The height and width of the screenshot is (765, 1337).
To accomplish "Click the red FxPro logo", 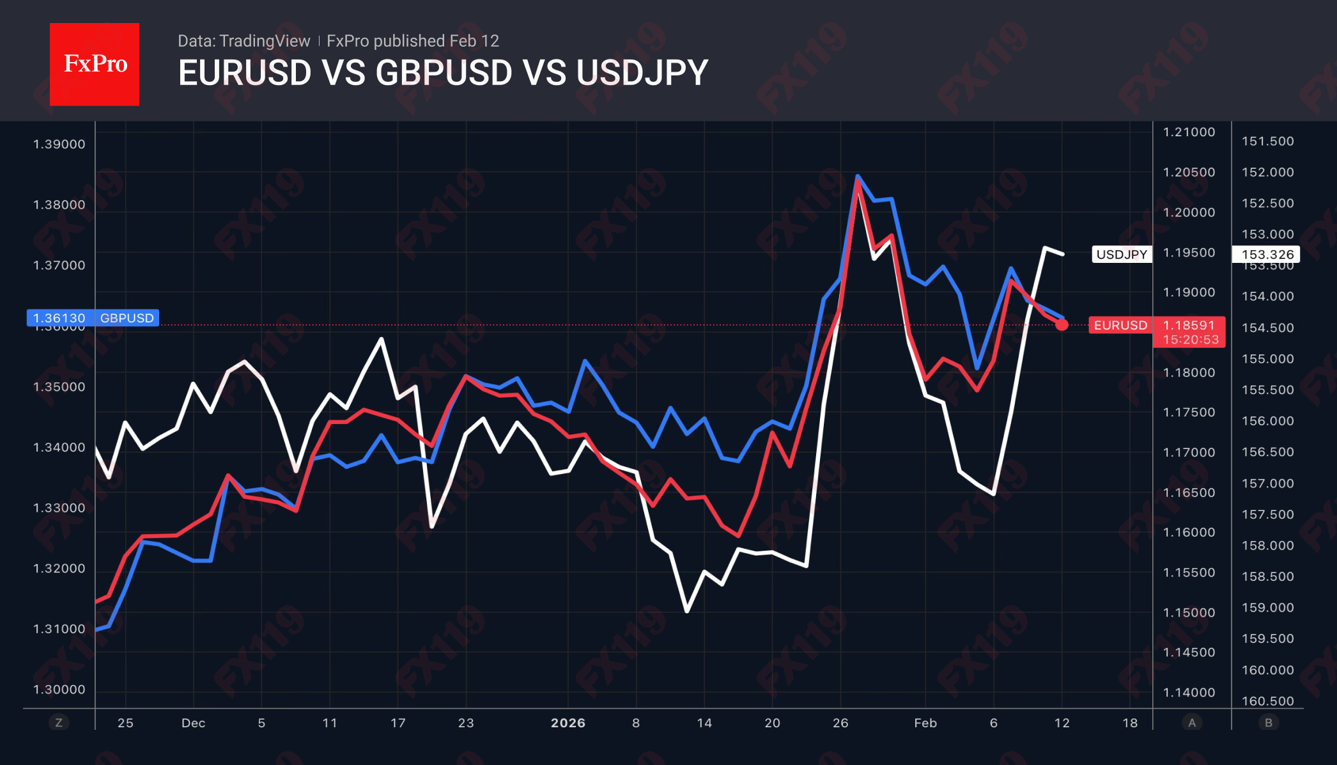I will click(95, 64).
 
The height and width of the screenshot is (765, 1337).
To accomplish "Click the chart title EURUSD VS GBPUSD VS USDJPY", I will click(443, 72).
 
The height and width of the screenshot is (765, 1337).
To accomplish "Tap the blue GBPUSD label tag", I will click(127, 318).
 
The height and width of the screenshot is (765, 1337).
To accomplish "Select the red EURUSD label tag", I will click(1120, 325).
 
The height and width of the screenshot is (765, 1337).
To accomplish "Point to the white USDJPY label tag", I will click(1122, 255).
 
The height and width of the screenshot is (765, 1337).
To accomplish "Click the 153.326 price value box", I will click(1267, 255).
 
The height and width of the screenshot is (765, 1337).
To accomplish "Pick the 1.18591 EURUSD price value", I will click(1188, 325).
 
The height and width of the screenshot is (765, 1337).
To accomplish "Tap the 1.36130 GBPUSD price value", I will click(59, 318).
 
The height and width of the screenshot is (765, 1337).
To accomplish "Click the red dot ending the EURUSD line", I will click(1062, 325).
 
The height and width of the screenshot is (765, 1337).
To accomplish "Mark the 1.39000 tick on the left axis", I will click(59, 144).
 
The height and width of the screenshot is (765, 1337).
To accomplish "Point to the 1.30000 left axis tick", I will click(59, 690).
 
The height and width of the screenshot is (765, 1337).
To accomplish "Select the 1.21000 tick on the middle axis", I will click(1189, 132).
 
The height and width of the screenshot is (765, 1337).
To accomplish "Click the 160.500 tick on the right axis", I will click(1267, 701).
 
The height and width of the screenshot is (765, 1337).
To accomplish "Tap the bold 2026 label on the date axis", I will click(568, 723).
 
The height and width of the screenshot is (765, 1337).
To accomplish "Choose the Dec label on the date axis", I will click(193, 723).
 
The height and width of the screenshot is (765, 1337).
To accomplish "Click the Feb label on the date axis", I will click(925, 723).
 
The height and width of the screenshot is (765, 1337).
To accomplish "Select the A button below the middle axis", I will click(1191, 723).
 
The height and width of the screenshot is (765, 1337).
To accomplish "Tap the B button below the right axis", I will click(1269, 723).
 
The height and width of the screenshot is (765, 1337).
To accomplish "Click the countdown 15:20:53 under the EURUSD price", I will click(1191, 340).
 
